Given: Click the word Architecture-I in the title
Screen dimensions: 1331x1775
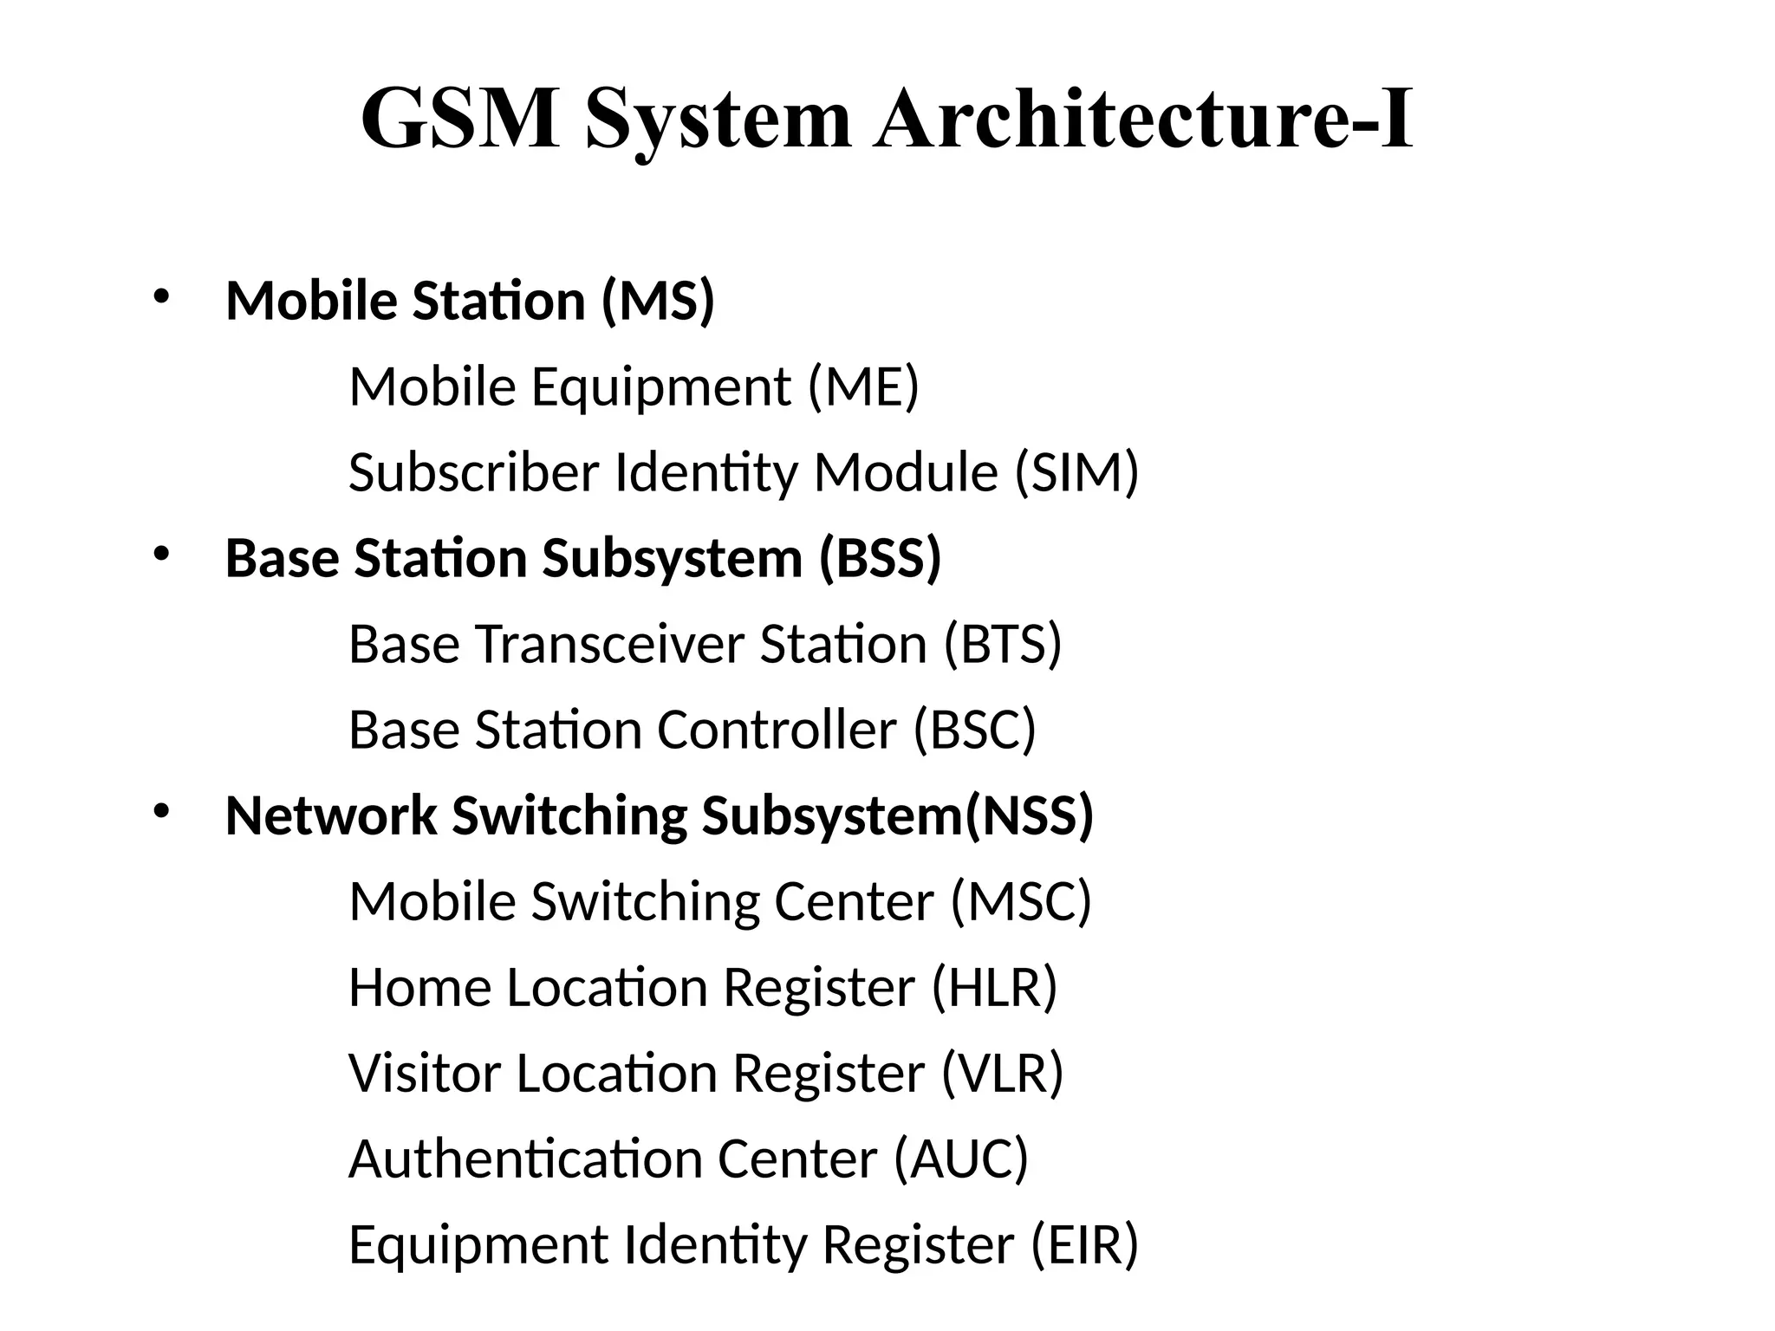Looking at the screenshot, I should click(1143, 120).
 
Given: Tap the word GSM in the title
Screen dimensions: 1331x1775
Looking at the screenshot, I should click(460, 120).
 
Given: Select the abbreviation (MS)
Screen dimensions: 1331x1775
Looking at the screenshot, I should click(658, 301).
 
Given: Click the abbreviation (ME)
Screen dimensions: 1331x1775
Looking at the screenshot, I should click(863, 386).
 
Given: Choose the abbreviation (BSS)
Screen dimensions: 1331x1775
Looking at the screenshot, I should click(880, 558).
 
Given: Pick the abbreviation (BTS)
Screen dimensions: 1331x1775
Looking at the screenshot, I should click(1003, 645).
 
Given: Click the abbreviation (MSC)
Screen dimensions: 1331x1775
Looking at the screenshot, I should click(1021, 901).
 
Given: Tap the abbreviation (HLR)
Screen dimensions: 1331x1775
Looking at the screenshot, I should click(994, 987).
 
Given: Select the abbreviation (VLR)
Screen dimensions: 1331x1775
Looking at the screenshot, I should click(1002, 1073).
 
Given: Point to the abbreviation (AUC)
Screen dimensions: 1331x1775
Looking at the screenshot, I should click(961, 1159).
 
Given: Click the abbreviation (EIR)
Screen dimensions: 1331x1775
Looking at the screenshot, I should click(1084, 1244).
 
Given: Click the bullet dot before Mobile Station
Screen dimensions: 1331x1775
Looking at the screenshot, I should click(160, 297).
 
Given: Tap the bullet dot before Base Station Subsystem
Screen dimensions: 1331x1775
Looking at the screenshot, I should click(160, 555).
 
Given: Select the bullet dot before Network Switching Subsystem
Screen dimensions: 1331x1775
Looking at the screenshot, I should click(160, 812).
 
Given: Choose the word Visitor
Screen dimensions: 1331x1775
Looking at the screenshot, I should click(425, 1073).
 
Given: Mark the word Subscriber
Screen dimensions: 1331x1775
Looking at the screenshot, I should click(474, 472).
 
